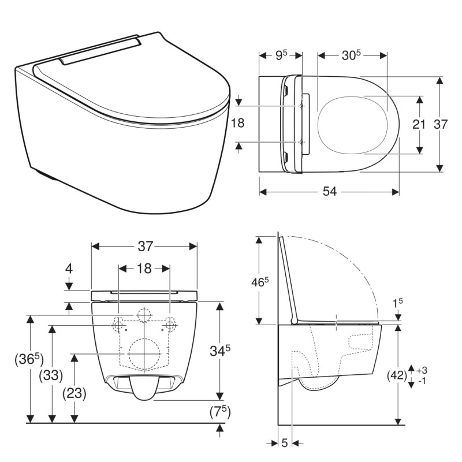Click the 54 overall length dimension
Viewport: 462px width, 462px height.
pos(329,192)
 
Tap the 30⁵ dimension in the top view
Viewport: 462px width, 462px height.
pos(351,55)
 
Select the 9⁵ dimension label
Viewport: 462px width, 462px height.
pos(281,55)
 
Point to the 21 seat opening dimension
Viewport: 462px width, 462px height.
pos(419,125)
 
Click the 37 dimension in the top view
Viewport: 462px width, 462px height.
pos(441,125)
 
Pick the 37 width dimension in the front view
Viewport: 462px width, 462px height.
pos(146,247)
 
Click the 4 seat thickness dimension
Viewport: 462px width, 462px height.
pos(69,269)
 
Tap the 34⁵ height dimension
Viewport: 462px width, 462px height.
pos(220,351)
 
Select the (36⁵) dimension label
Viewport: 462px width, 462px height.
pos(29,359)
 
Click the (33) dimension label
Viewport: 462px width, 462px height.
pos(51,375)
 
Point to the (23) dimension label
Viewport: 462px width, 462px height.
pos(74,393)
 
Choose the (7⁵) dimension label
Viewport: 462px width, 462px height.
pos(220,412)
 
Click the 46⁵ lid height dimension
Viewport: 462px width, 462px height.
pos(260,282)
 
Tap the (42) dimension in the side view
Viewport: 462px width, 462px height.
pos(397,375)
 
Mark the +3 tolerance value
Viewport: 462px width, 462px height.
pos(422,370)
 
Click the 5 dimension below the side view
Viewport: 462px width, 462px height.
pos(284,443)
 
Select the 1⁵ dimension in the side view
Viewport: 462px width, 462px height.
pos(398,303)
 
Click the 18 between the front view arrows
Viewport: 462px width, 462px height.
pos(144,269)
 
